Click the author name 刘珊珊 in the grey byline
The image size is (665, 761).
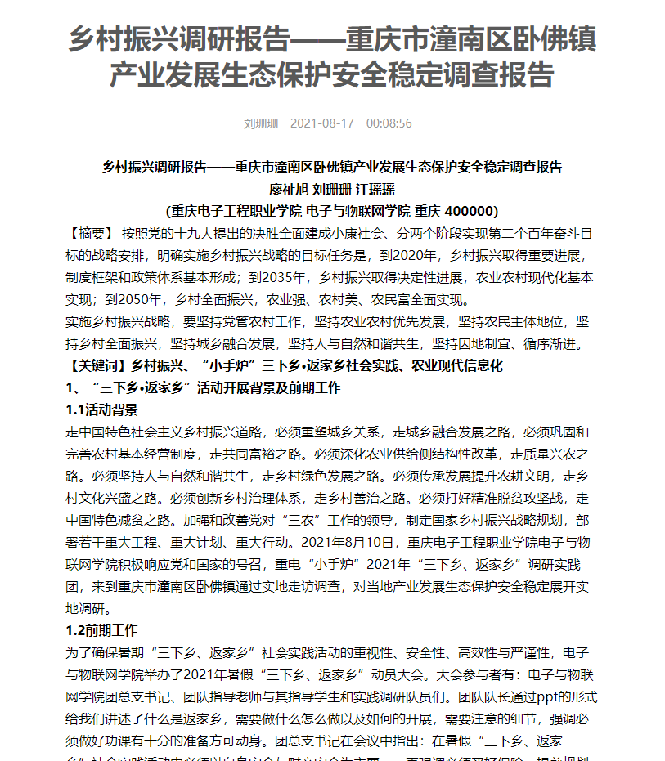coord(261,123)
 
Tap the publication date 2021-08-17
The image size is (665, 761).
coord(322,123)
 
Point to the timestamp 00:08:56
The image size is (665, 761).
coord(389,123)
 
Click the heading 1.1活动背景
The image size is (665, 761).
coord(101,410)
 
